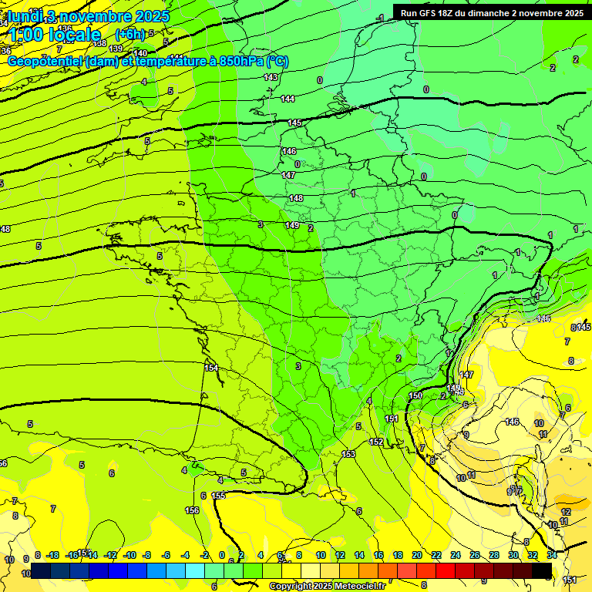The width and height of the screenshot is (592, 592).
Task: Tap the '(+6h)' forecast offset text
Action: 129,34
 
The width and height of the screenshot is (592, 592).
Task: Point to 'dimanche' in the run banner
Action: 487,12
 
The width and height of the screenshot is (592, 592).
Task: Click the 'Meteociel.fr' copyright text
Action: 359,586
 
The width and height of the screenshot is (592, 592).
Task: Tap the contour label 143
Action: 271,77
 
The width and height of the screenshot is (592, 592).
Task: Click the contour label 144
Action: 288,99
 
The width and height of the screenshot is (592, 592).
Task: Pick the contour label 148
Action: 296,198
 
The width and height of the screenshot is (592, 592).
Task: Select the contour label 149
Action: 291,225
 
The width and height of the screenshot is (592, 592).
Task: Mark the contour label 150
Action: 415,395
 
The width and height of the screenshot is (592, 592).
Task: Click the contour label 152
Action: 376,442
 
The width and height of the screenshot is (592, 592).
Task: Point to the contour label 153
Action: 348,454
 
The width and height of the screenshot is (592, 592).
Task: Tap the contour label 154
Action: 211,368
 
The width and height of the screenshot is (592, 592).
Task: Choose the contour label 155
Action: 218,496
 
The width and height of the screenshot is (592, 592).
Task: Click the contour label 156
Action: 192,510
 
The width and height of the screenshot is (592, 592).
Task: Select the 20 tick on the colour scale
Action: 417,555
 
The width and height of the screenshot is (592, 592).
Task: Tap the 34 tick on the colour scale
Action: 551,555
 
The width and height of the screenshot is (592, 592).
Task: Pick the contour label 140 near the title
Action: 140,53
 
